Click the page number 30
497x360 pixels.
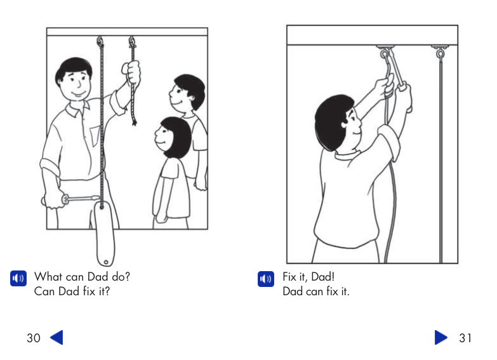pyautogui.click(x=33, y=338)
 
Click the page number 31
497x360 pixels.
pyautogui.click(x=465, y=338)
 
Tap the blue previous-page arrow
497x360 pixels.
pyautogui.click(x=56, y=338)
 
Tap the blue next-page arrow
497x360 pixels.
pyautogui.click(x=441, y=338)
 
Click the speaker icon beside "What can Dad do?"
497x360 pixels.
pyautogui.click(x=18, y=278)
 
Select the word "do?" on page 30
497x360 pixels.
pyautogui.click(x=120, y=277)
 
